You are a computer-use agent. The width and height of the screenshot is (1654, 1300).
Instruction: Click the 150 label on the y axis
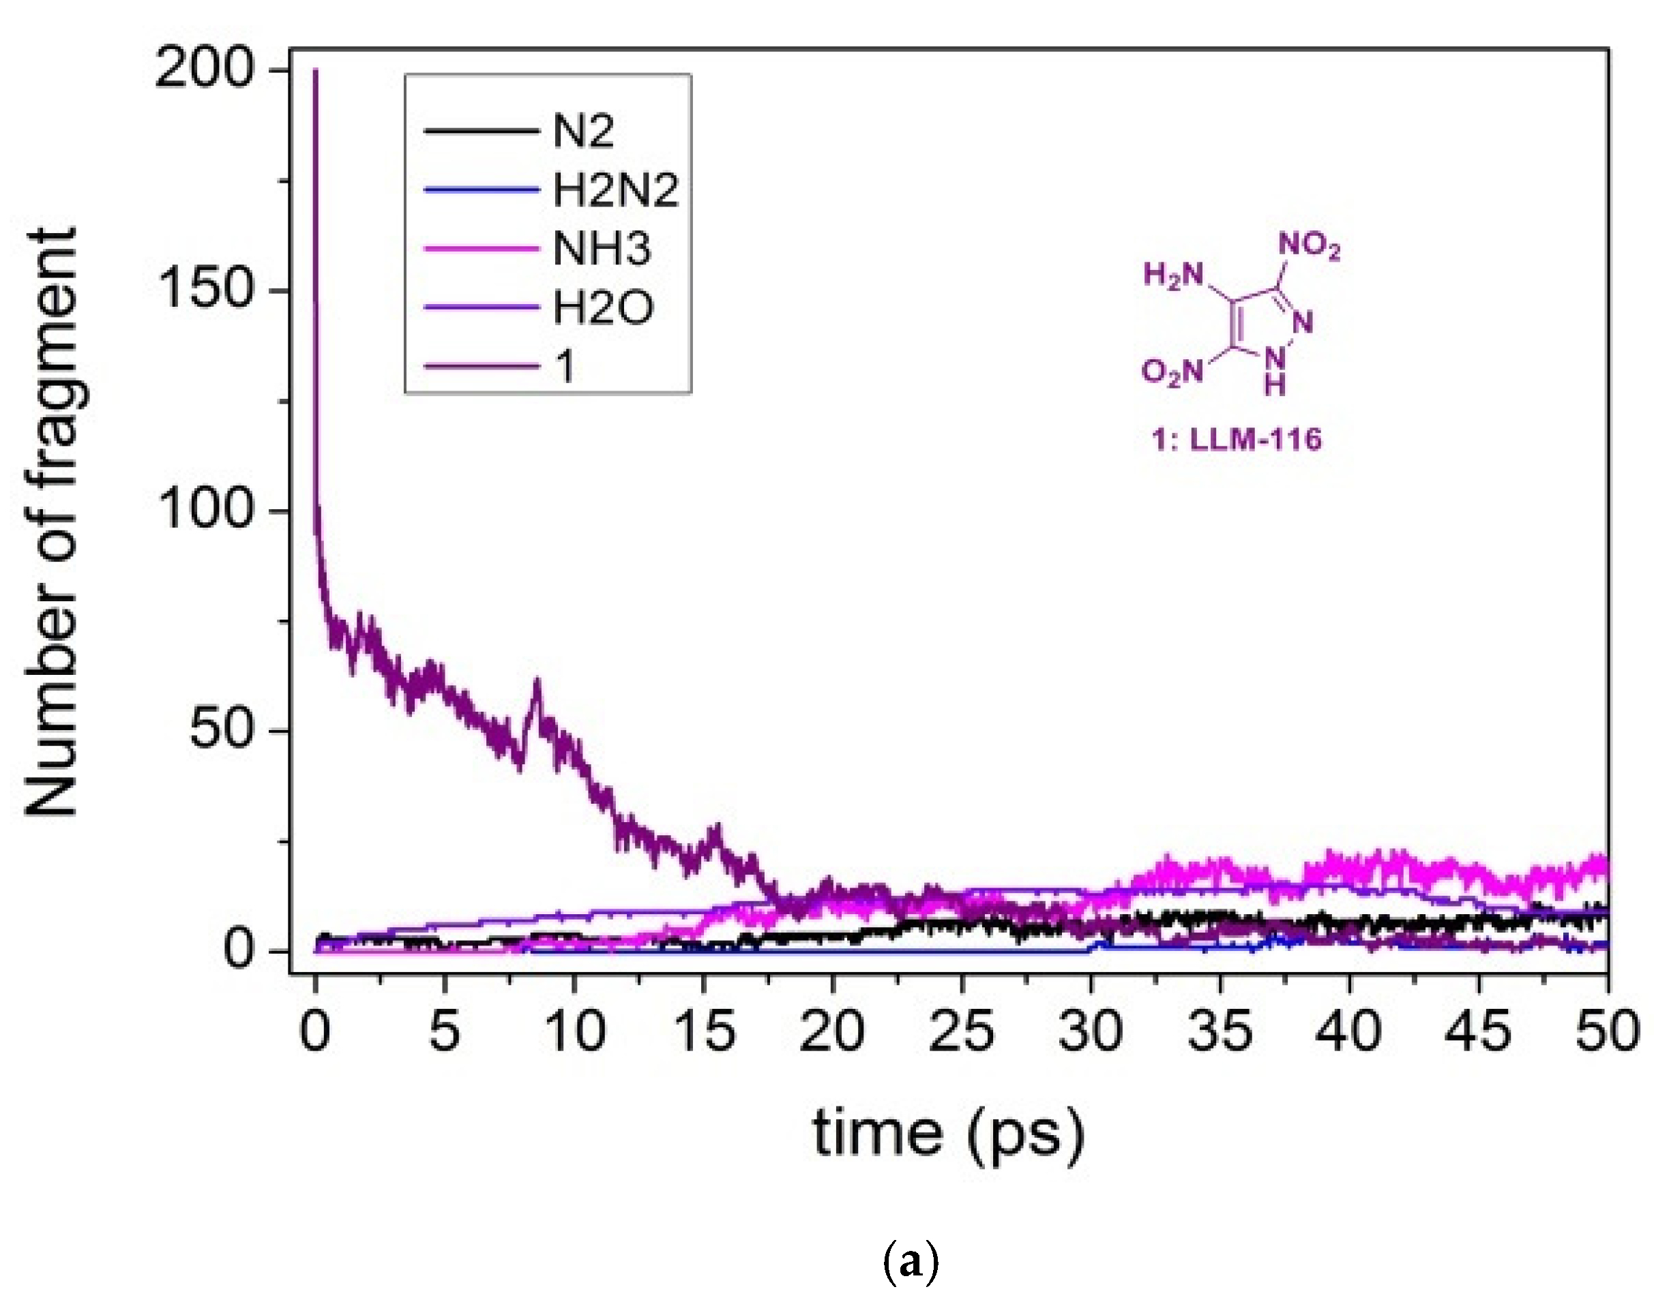[204, 292]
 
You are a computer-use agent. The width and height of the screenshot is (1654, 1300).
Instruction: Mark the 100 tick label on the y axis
[204, 511]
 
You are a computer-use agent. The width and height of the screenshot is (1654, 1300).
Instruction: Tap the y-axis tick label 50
[221, 731]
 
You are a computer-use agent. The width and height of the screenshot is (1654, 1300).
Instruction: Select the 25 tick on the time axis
[962, 1032]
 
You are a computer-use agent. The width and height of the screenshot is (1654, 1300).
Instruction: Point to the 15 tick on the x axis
[704, 1032]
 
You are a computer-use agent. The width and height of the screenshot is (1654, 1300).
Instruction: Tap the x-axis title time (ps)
[948, 1134]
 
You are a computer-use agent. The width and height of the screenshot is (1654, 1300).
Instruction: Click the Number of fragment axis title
[52, 522]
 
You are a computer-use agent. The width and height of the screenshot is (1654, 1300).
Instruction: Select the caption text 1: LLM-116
[1236, 439]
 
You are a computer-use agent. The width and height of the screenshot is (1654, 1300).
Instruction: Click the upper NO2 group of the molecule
[1309, 246]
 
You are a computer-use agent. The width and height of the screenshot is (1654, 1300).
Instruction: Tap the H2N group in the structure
[1173, 275]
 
